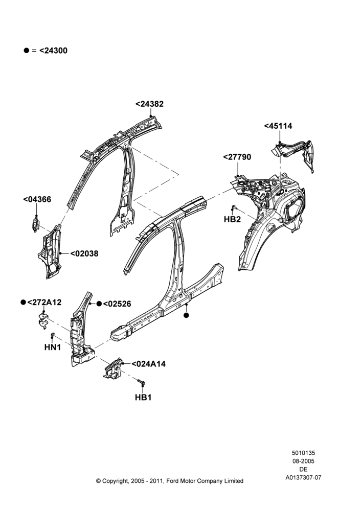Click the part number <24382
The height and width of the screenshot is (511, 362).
tap(149, 104)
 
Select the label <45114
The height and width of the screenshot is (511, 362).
tap(278, 126)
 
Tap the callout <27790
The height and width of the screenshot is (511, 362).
tap(237, 157)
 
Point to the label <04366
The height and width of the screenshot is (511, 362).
tap(37, 199)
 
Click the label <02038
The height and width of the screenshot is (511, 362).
tap(84, 253)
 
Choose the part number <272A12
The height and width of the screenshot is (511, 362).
tap(44, 302)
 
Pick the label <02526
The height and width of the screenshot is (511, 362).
tap(117, 304)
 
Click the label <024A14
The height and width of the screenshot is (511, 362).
tap(148, 364)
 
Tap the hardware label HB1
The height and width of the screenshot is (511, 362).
tap(143, 397)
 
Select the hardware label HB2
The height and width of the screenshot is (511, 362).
tap(232, 219)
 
